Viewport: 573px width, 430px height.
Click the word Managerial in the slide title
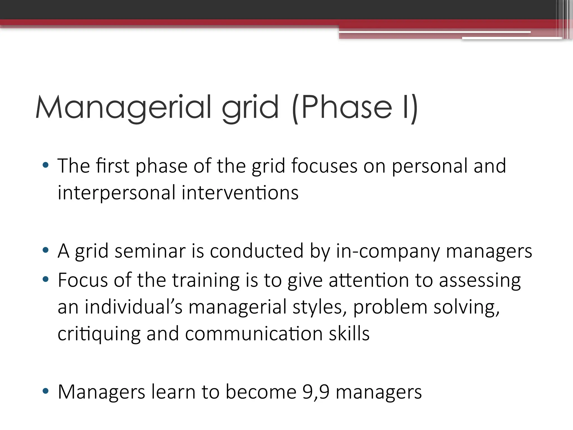pyautogui.click(x=123, y=107)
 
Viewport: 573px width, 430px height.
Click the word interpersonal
pyautogui.click(x=116, y=193)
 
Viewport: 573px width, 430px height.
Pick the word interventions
pyautogui.click(x=240, y=193)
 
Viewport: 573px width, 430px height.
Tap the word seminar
pyautogui.click(x=150, y=251)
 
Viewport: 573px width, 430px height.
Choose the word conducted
pyautogui.click(x=257, y=251)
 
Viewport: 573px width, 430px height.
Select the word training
pyautogui.click(x=206, y=281)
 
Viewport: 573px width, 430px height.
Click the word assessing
pyautogui.click(x=480, y=281)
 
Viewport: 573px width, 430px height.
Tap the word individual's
pyautogui.click(x=134, y=307)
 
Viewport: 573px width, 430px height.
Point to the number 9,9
pyautogui.click(x=316, y=392)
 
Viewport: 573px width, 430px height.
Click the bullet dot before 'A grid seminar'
pyautogui.click(x=46, y=250)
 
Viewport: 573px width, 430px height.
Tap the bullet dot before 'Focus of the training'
pyautogui.click(x=46, y=279)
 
